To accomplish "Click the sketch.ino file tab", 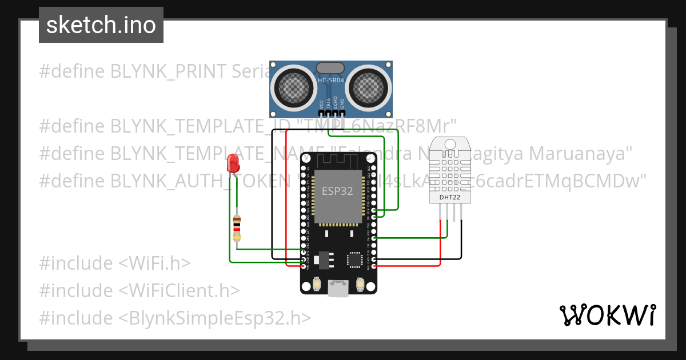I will (101, 25).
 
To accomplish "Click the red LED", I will (232, 165).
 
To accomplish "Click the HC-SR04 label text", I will (331, 81).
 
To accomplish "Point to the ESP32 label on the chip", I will (337, 191).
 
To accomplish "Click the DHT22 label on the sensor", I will (450, 198).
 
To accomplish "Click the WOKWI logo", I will (607, 315).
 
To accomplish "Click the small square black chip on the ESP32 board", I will (354, 261).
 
